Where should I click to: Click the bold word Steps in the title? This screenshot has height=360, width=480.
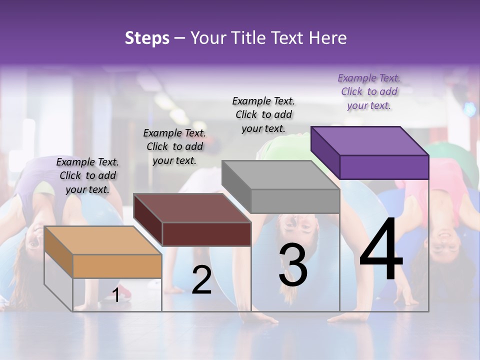point(147,38)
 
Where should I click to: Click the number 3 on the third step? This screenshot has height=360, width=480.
point(293,266)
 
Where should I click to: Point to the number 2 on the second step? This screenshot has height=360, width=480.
point(201,280)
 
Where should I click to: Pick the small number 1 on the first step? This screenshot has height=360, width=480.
point(115,295)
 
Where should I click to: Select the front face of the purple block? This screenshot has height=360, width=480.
point(384,167)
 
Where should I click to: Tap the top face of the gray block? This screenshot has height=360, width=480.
point(280,175)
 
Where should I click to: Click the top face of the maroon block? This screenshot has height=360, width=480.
point(192,208)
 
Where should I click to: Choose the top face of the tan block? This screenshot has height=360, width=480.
point(103,240)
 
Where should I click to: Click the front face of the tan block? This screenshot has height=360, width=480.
point(117,266)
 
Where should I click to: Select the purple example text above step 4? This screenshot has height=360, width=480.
point(369,91)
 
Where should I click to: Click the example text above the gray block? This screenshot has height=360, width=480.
point(263,114)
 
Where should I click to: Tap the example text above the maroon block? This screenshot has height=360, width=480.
point(174,146)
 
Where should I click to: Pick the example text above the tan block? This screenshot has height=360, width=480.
point(87,175)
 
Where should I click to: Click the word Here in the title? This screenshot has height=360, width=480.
point(327,38)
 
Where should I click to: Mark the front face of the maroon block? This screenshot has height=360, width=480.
point(206,234)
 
